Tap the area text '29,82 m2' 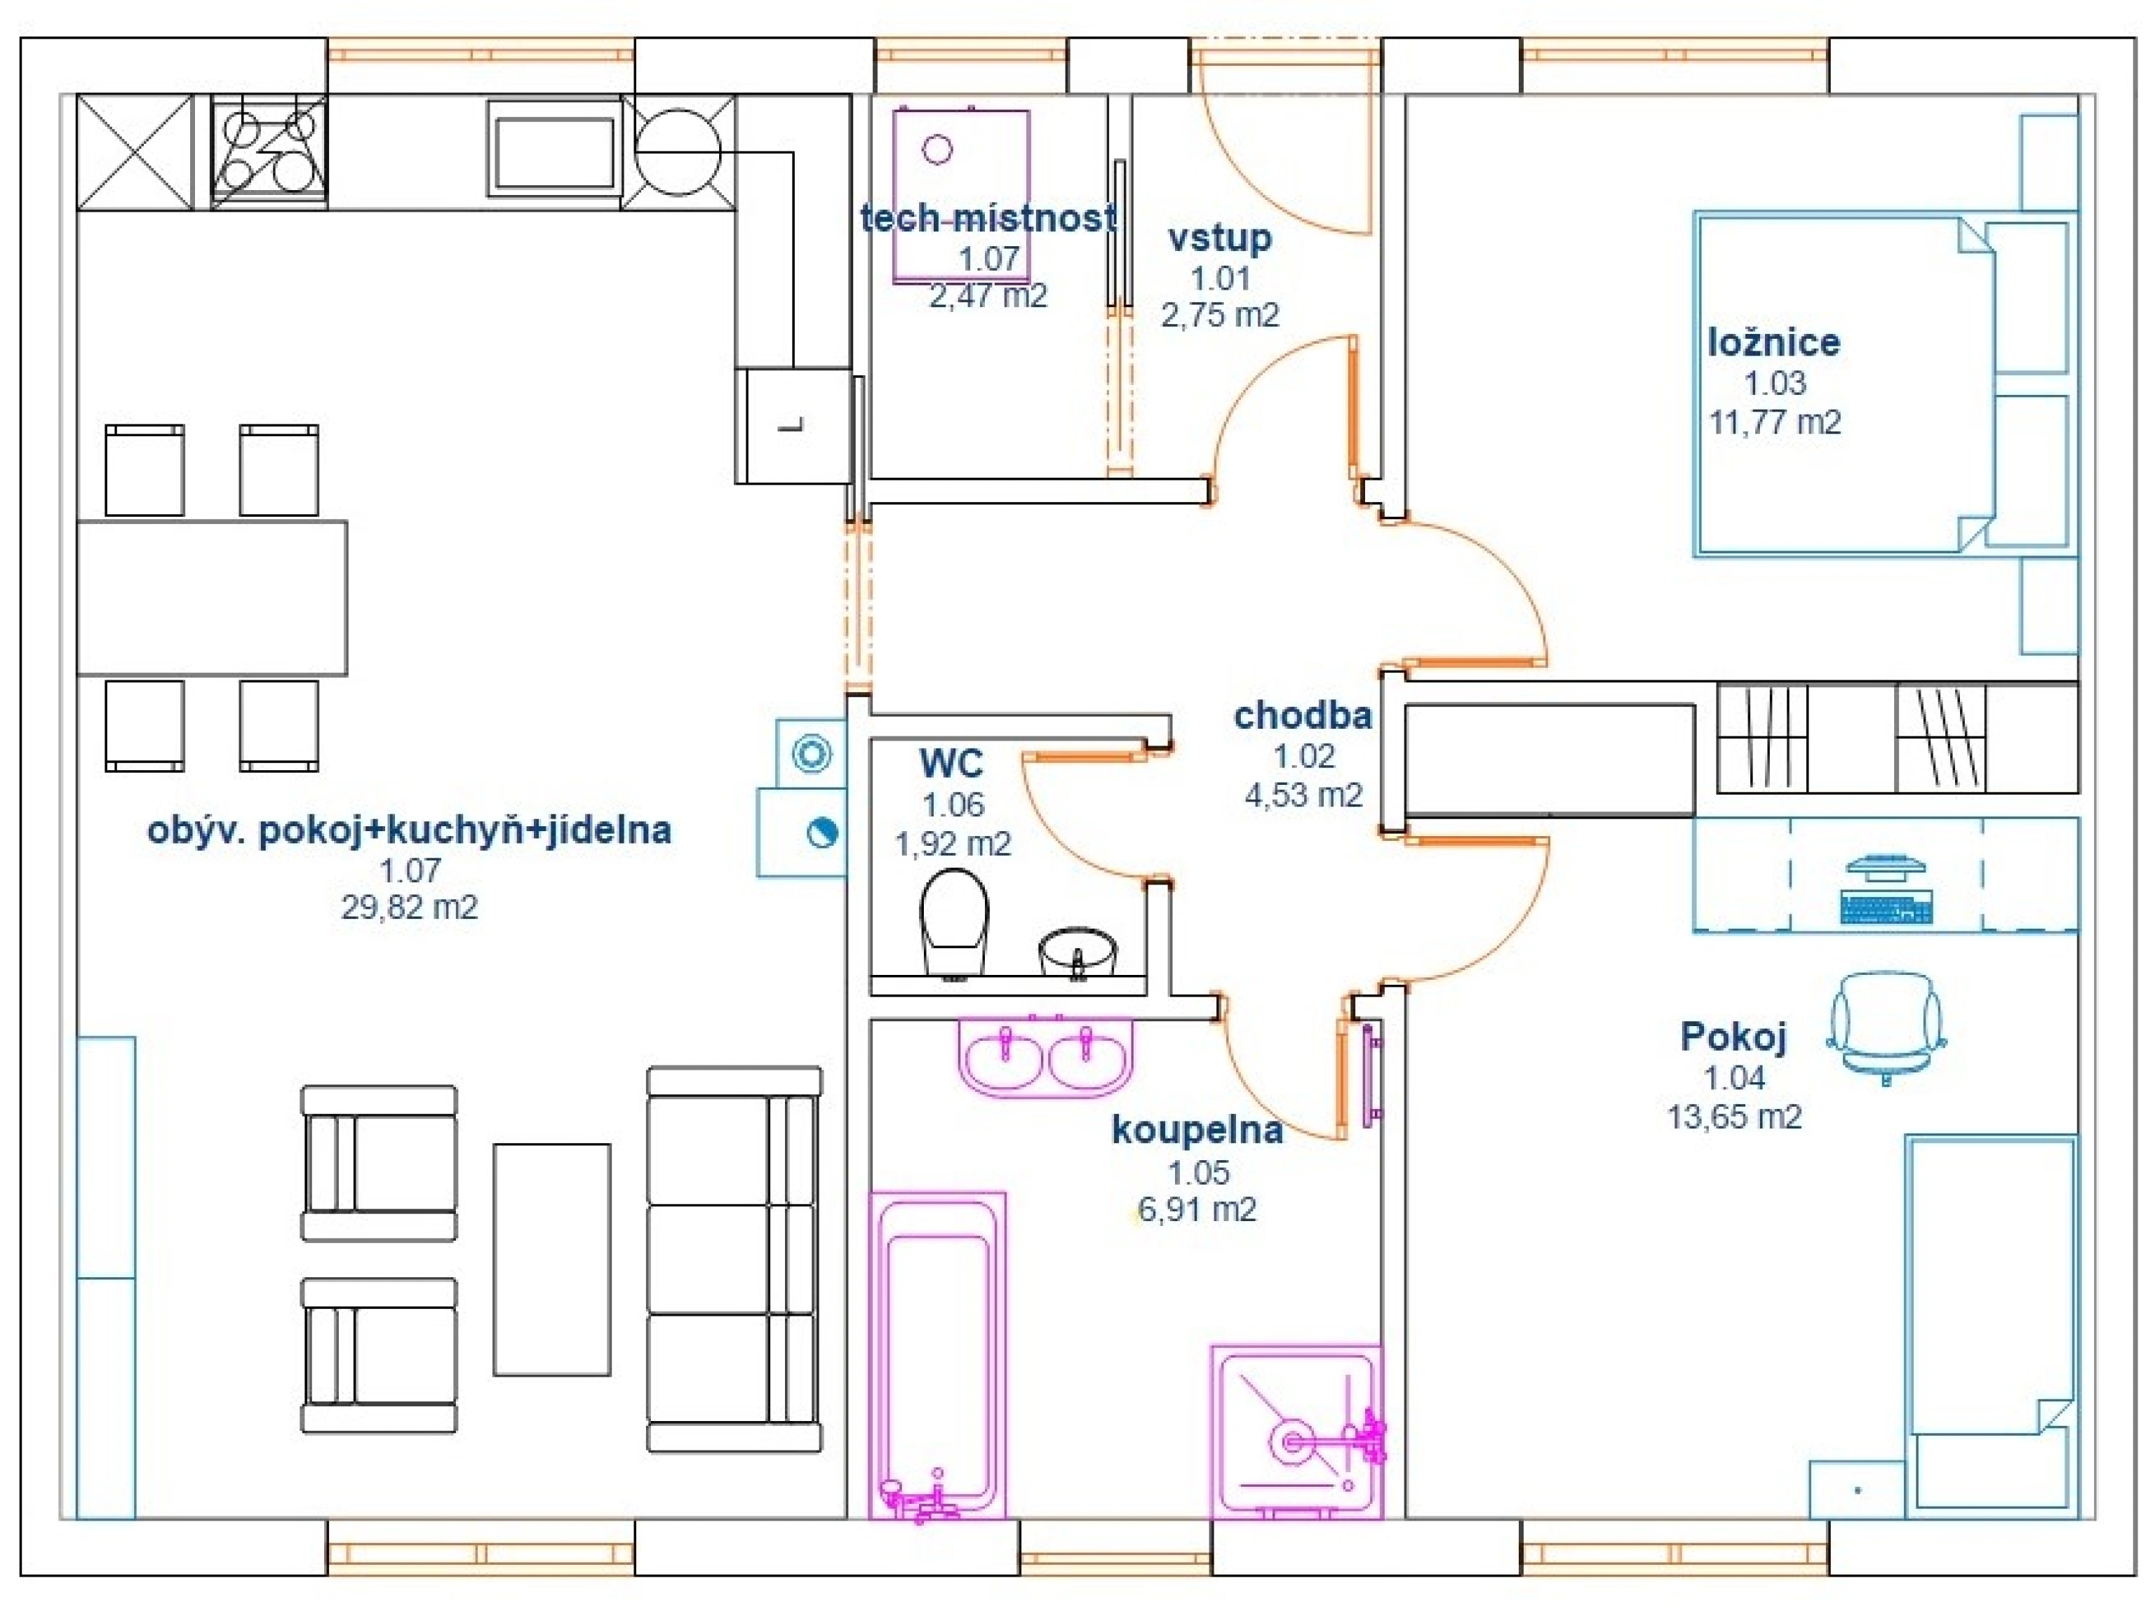click(409, 908)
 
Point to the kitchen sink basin click(554, 154)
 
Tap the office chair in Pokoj click(1886, 1028)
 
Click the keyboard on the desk click(1886, 907)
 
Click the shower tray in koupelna click(1296, 1433)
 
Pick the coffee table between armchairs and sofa click(551, 1260)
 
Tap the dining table click(211, 598)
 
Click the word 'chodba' click(1303, 716)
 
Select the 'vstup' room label click(1220, 238)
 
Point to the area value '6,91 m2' click(1197, 1210)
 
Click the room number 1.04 click(1734, 1078)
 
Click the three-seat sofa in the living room click(734, 1260)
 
